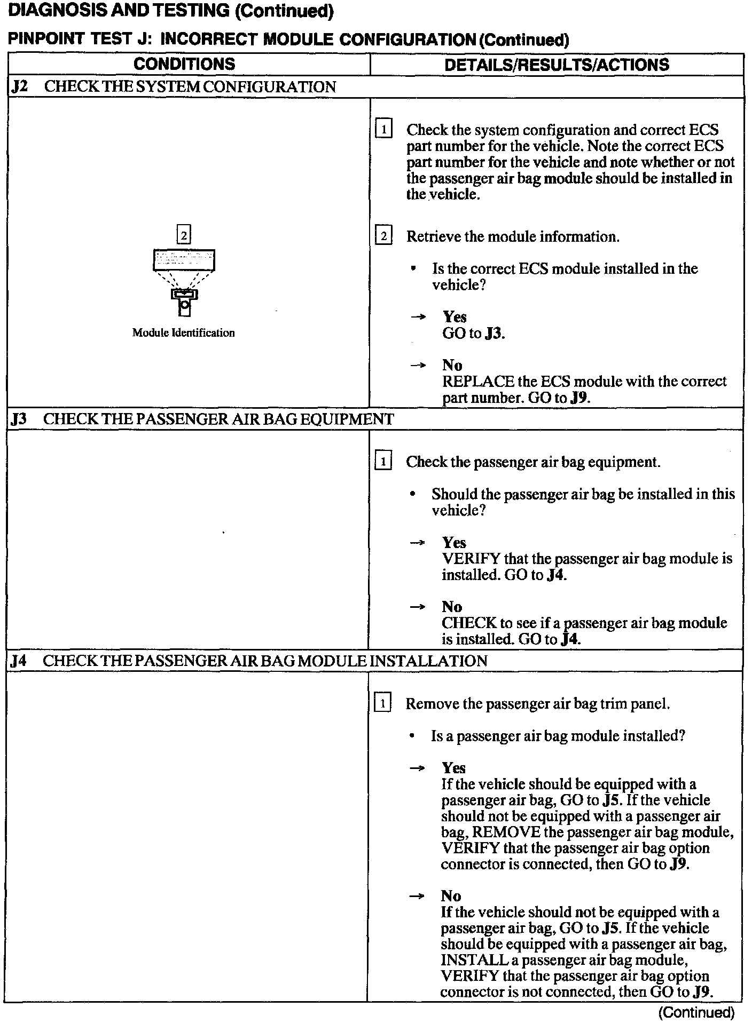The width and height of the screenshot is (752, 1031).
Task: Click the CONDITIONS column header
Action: [184, 64]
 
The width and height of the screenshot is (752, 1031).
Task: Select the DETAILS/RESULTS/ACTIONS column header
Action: [557, 65]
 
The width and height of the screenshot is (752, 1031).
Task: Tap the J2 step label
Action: [19, 87]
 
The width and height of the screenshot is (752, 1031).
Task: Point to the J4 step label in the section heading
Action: [19, 661]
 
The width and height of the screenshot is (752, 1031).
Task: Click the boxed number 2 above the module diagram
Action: [184, 235]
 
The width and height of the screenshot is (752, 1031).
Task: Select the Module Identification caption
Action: [183, 333]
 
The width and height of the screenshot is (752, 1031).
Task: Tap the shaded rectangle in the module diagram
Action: [184, 260]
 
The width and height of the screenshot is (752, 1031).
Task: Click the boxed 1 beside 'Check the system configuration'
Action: [383, 130]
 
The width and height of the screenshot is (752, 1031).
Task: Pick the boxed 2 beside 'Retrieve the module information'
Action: [383, 236]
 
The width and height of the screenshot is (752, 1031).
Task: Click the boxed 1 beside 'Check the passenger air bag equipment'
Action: [383, 461]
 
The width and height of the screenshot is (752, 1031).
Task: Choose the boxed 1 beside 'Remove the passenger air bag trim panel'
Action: [383, 703]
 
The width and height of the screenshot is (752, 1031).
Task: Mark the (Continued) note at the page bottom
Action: [696, 1012]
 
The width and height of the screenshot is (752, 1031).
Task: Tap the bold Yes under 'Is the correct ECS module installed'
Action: [455, 317]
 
